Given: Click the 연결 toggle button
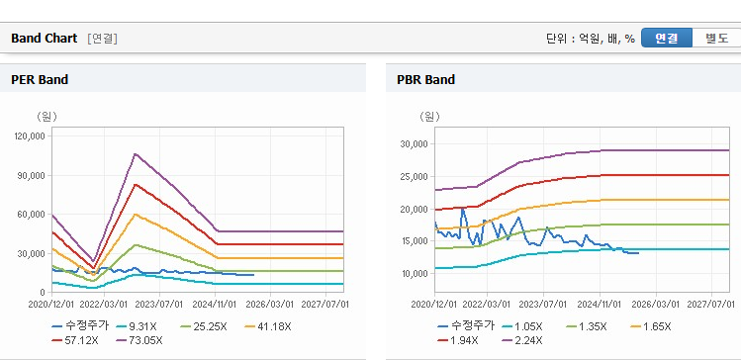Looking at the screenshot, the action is [667, 39].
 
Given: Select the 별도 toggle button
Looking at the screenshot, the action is [716, 39].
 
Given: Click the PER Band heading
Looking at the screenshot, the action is [40, 80].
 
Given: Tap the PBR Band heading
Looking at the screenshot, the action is [425, 80].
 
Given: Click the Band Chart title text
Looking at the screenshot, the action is [44, 39].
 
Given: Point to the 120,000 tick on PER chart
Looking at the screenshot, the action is [30, 136].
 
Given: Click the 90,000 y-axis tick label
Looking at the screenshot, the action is [32, 175].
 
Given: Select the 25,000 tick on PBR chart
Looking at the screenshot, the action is [414, 177].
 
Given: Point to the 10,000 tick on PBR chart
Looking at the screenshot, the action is [414, 274].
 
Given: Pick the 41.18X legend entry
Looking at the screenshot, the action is [268, 326].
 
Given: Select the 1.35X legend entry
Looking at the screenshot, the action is [585, 326].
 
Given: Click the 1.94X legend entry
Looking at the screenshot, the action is [458, 340].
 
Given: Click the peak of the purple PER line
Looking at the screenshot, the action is [136, 153].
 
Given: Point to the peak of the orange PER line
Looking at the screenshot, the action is [136, 214].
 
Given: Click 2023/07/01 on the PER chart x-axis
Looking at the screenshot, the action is [159, 304].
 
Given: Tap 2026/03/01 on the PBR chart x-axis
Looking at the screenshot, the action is [656, 304].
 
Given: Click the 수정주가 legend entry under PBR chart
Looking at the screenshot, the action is [466, 326].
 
